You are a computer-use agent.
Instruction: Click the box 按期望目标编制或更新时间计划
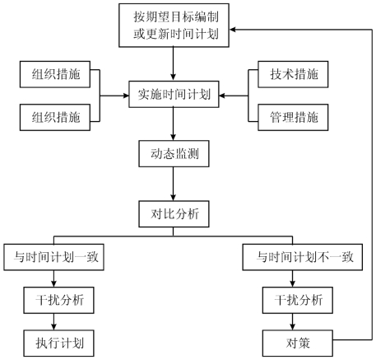coord(174,26)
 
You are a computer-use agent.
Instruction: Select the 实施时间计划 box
coord(174,94)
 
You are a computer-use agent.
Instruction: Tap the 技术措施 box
coord(293,74)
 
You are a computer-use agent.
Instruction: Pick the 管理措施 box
coord(293,117)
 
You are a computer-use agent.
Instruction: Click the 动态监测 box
coord(174,154)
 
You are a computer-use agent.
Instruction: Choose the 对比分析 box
coord(174,214)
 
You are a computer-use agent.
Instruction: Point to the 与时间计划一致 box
coord(53,257)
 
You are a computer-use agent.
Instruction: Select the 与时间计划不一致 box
coord(303,257)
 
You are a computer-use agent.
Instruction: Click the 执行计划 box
coord(58,344)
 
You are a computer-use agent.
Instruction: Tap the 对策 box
coord(298,344)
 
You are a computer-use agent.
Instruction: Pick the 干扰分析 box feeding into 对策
coord(298,300)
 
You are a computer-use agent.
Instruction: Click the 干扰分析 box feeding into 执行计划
coord(58,300)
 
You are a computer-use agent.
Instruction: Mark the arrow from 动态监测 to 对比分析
coord(173,184)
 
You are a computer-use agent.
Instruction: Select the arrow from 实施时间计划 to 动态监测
coord(173,124)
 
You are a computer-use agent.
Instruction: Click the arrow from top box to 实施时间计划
coord(173,64)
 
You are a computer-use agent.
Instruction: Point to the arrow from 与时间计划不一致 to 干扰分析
coord(292,278)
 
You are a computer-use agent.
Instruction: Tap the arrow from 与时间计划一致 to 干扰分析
coord(53,278)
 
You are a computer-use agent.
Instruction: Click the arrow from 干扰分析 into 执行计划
coord(53,321)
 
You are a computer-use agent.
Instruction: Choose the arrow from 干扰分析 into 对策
coord(292,321)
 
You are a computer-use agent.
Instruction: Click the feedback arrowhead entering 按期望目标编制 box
coord(232,30)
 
